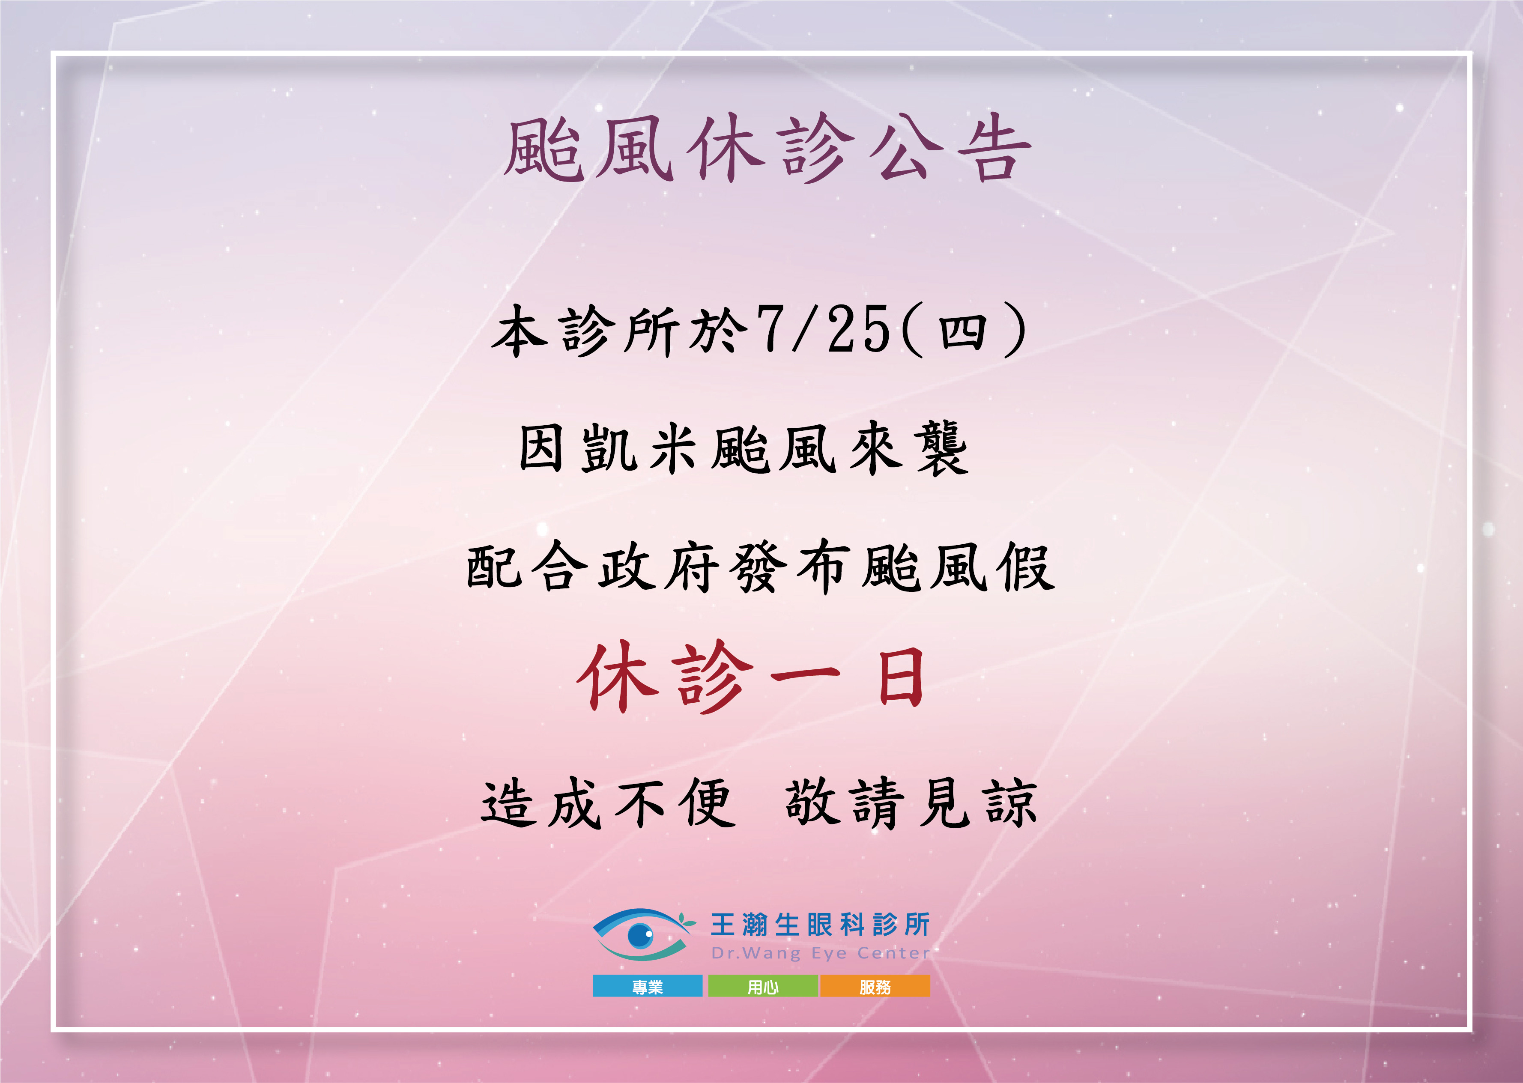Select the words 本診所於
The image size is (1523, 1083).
615,331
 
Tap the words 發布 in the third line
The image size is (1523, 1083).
791,567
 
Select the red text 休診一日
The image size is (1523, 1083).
751,677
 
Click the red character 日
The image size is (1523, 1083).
900,679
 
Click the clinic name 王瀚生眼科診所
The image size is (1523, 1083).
820,925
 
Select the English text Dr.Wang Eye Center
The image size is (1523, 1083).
820,953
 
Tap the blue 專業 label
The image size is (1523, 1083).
648,986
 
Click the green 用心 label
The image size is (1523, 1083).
763,986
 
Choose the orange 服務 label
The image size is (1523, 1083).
875,986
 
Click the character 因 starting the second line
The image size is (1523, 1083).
541,449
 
